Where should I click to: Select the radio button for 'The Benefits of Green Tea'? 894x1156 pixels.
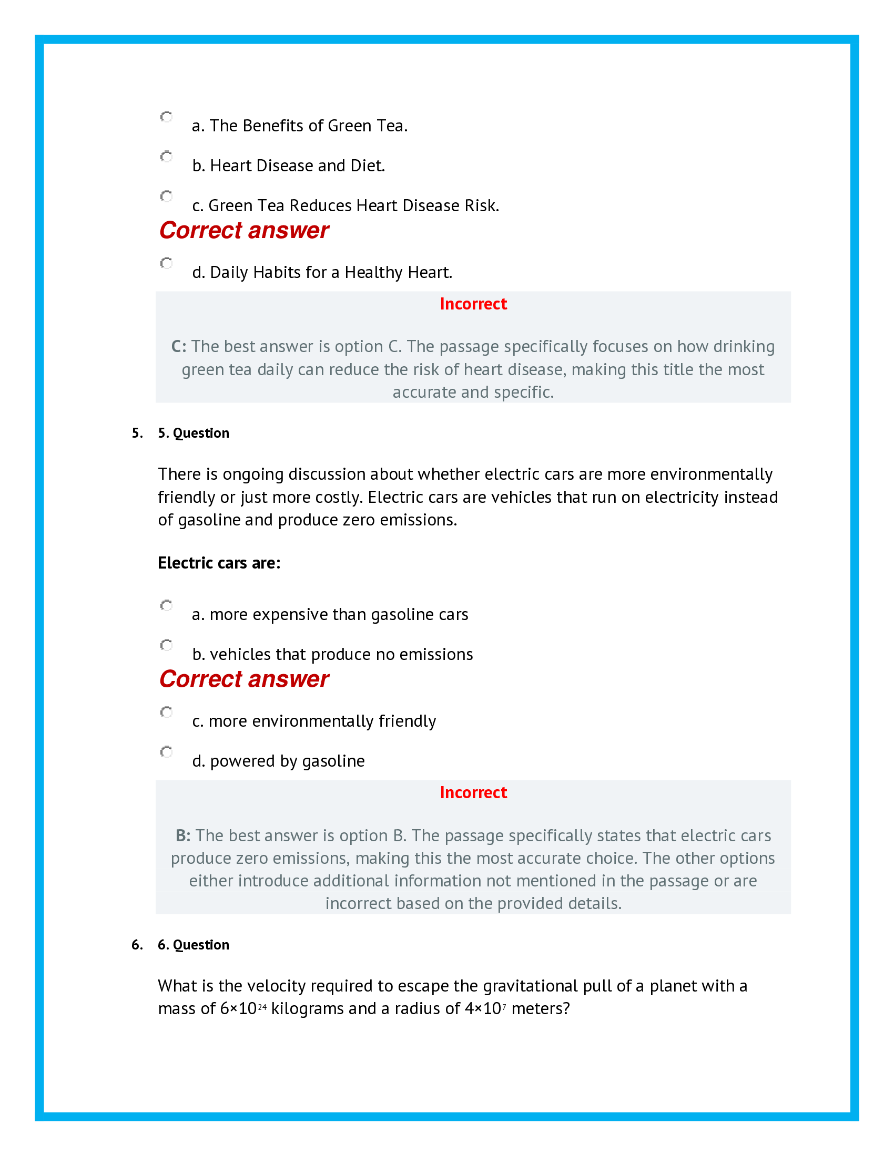tap(166, 117)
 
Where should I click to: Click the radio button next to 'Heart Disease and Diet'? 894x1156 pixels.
tap(166, 157)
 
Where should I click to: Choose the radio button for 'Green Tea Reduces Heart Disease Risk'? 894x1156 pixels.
tap(166, 197)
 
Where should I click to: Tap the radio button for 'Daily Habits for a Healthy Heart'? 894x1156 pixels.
tap(166, 263)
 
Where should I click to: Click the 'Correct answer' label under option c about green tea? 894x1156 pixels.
tap(243, 231)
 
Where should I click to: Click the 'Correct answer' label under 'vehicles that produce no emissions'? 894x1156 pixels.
tap(243, 679)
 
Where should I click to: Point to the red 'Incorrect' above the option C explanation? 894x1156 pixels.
tap(473, 304)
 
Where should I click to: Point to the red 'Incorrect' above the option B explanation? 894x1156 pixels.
tap(473, 793)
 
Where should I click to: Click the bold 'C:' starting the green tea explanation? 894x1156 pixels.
tap(178, 347)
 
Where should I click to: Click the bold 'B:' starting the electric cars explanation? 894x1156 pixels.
tap(182, 836)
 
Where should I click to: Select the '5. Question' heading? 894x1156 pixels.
tap(194, 433)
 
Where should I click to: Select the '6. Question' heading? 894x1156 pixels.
tap(194, 945)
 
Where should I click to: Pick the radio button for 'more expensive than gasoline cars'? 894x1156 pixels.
tap(166, 605)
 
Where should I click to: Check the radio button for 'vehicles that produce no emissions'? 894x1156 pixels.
tap(166, 645)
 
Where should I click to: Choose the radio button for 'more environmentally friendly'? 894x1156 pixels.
tap(166, 712)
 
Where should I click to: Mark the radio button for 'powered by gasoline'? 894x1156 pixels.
tap(166, 752)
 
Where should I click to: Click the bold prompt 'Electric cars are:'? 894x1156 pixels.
tap(219, 563)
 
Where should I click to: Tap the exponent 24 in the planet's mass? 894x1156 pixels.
tap(262, 1007)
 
